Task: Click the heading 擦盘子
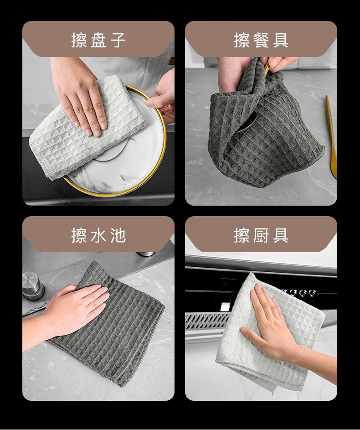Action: (98, 40)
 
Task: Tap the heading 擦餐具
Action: (261, 40)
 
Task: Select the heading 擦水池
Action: (98, 235)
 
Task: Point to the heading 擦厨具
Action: (261, 235)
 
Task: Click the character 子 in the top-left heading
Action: (118, 40)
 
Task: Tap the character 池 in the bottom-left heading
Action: (118, 235)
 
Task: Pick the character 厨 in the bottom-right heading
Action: (261, 235)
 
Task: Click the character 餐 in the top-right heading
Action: (261, 40)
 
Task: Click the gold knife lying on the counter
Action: (331, 137)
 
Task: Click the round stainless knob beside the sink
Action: (33, 285)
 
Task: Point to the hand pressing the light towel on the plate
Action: (79, 96)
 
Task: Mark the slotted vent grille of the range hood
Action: (207, 321)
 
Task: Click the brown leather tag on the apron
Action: (171, 61)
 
